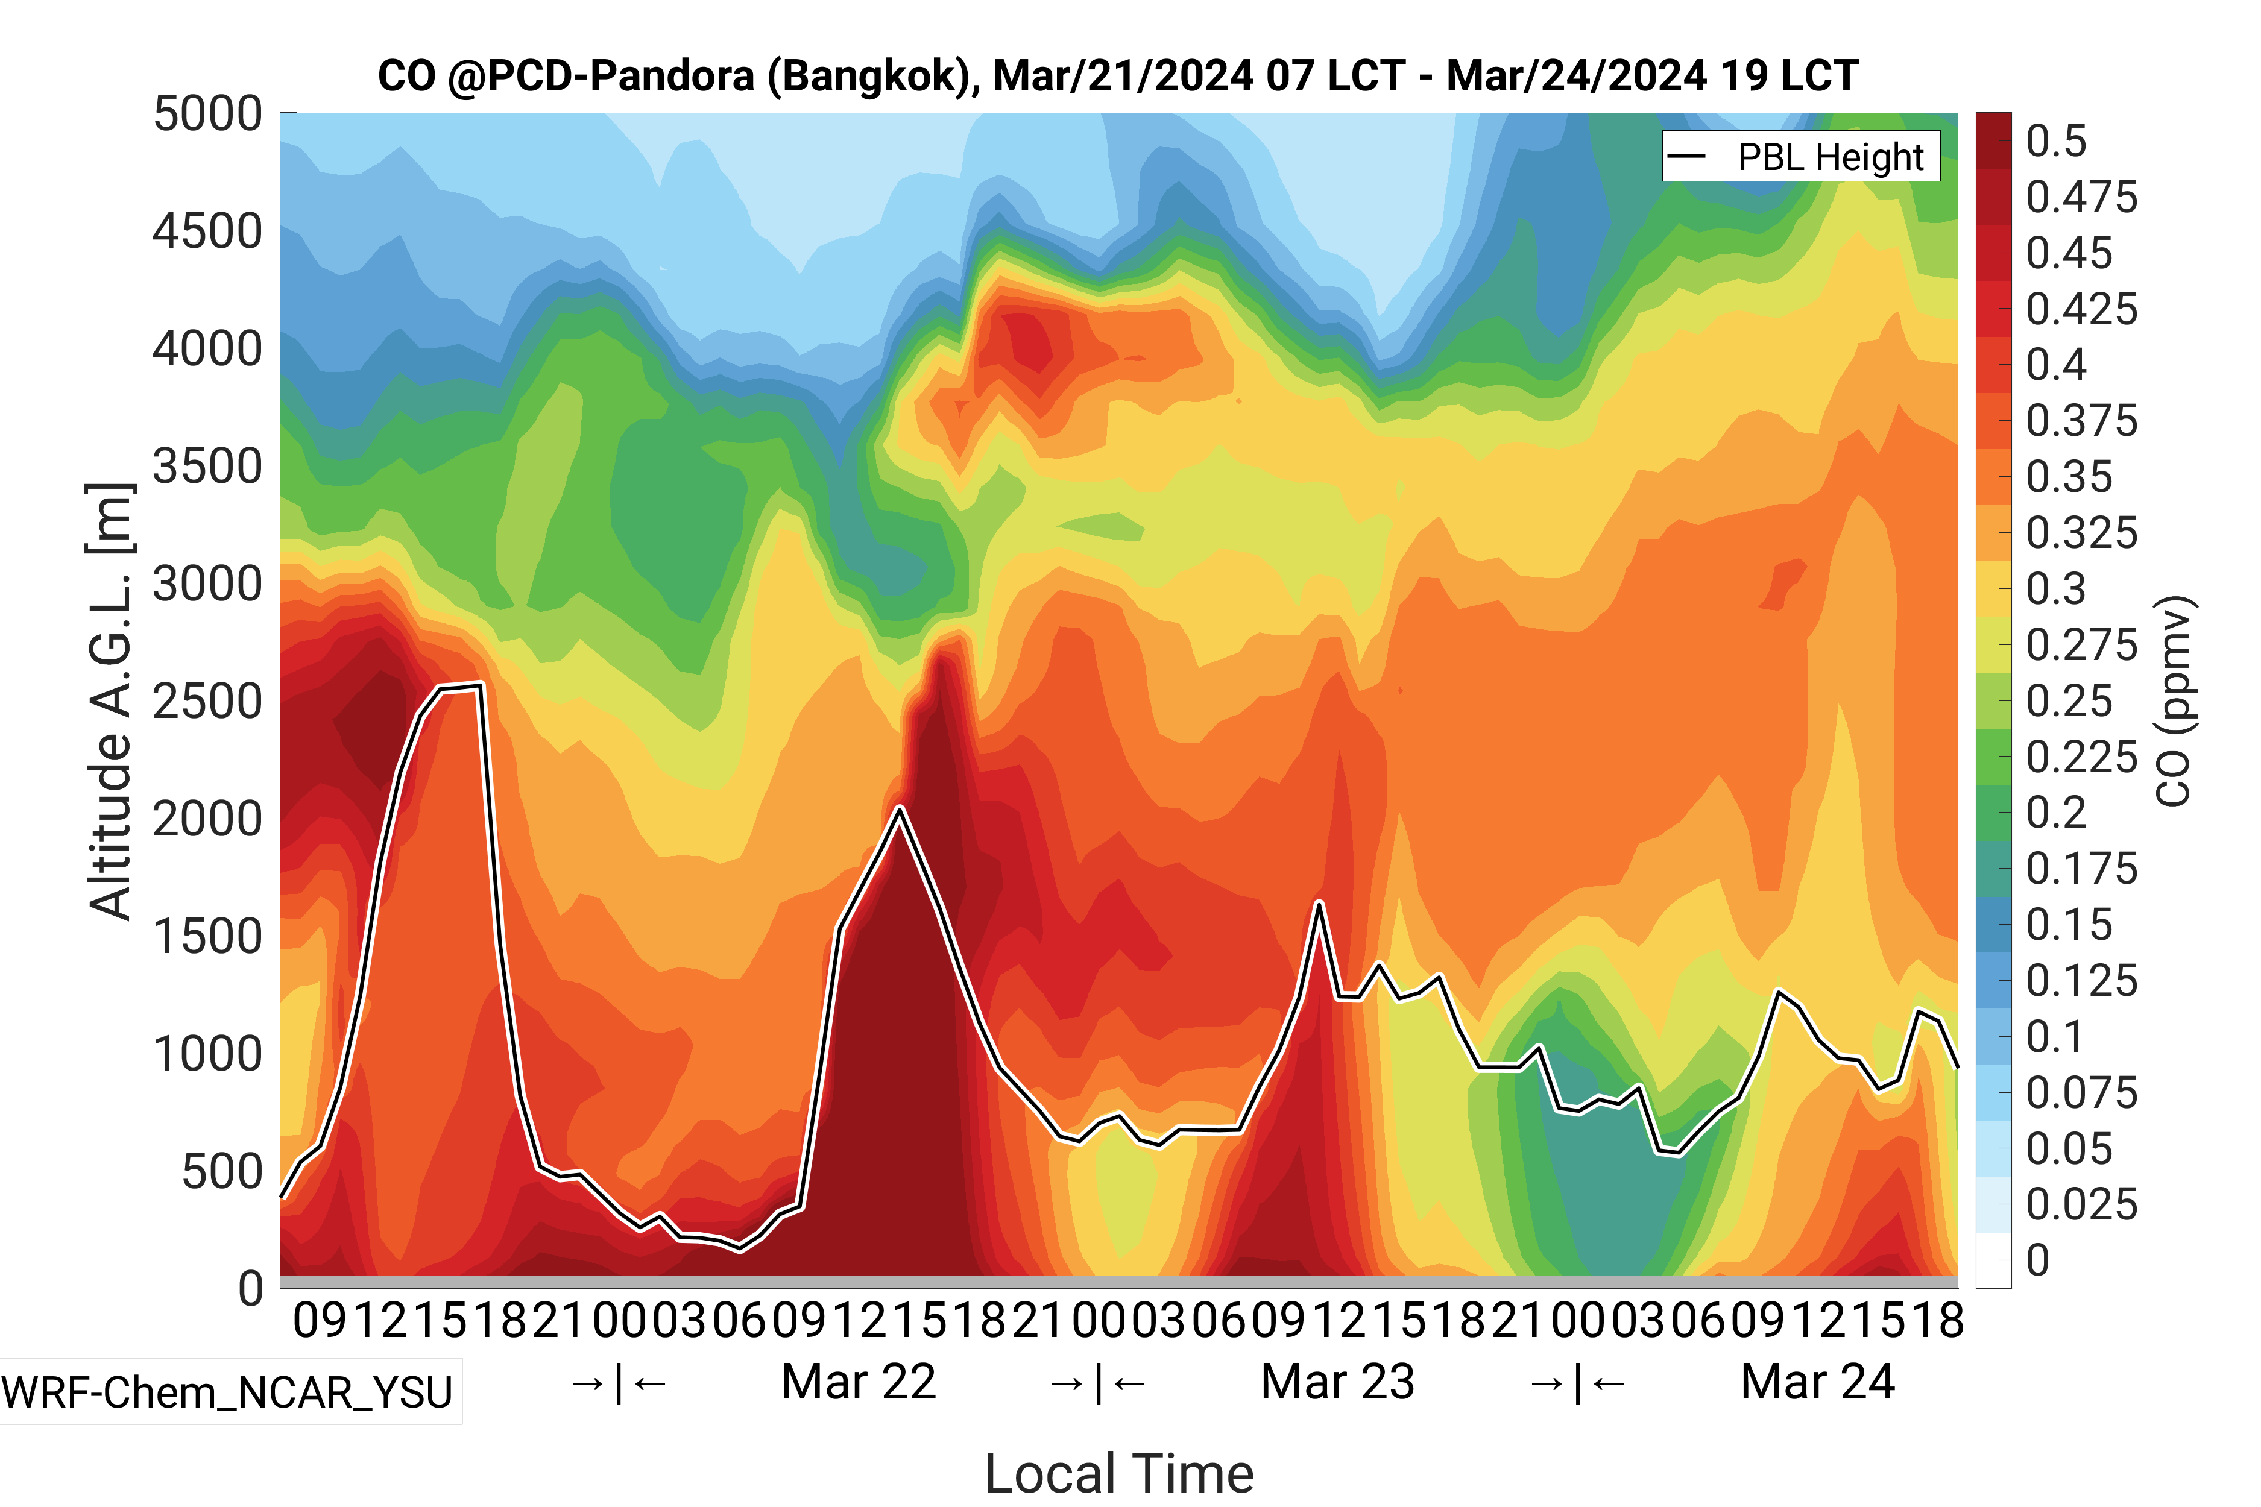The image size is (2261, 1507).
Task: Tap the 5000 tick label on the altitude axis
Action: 207,115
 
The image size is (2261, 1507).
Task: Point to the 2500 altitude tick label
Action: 207,702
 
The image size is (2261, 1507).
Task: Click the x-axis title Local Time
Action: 1119,1473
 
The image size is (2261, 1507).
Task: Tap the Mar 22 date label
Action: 859,1382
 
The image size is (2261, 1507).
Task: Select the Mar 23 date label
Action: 1337,1382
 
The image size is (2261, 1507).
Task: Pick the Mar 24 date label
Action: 1817,1382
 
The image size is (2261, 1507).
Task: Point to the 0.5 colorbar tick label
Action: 2055,141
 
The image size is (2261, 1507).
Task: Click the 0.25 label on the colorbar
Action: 2069,700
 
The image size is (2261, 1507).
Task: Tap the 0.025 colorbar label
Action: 2081,1204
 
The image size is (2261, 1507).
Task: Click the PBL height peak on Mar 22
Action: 899,808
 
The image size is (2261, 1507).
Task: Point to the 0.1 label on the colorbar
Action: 2055,1037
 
